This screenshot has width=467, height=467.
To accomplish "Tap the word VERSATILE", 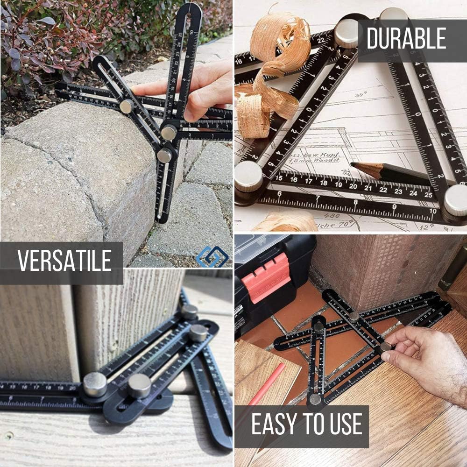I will [x=64, y=261].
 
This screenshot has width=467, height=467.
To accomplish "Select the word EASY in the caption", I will [x=277, y=424].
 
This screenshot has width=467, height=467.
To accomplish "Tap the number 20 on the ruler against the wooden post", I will [x=72, y=387].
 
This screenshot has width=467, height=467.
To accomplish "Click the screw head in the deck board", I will [x=8, y=436].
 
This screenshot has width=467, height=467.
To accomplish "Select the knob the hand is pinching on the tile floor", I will [x=385, y=347].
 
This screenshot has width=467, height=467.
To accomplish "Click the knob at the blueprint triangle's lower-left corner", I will [x=248, y=177].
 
